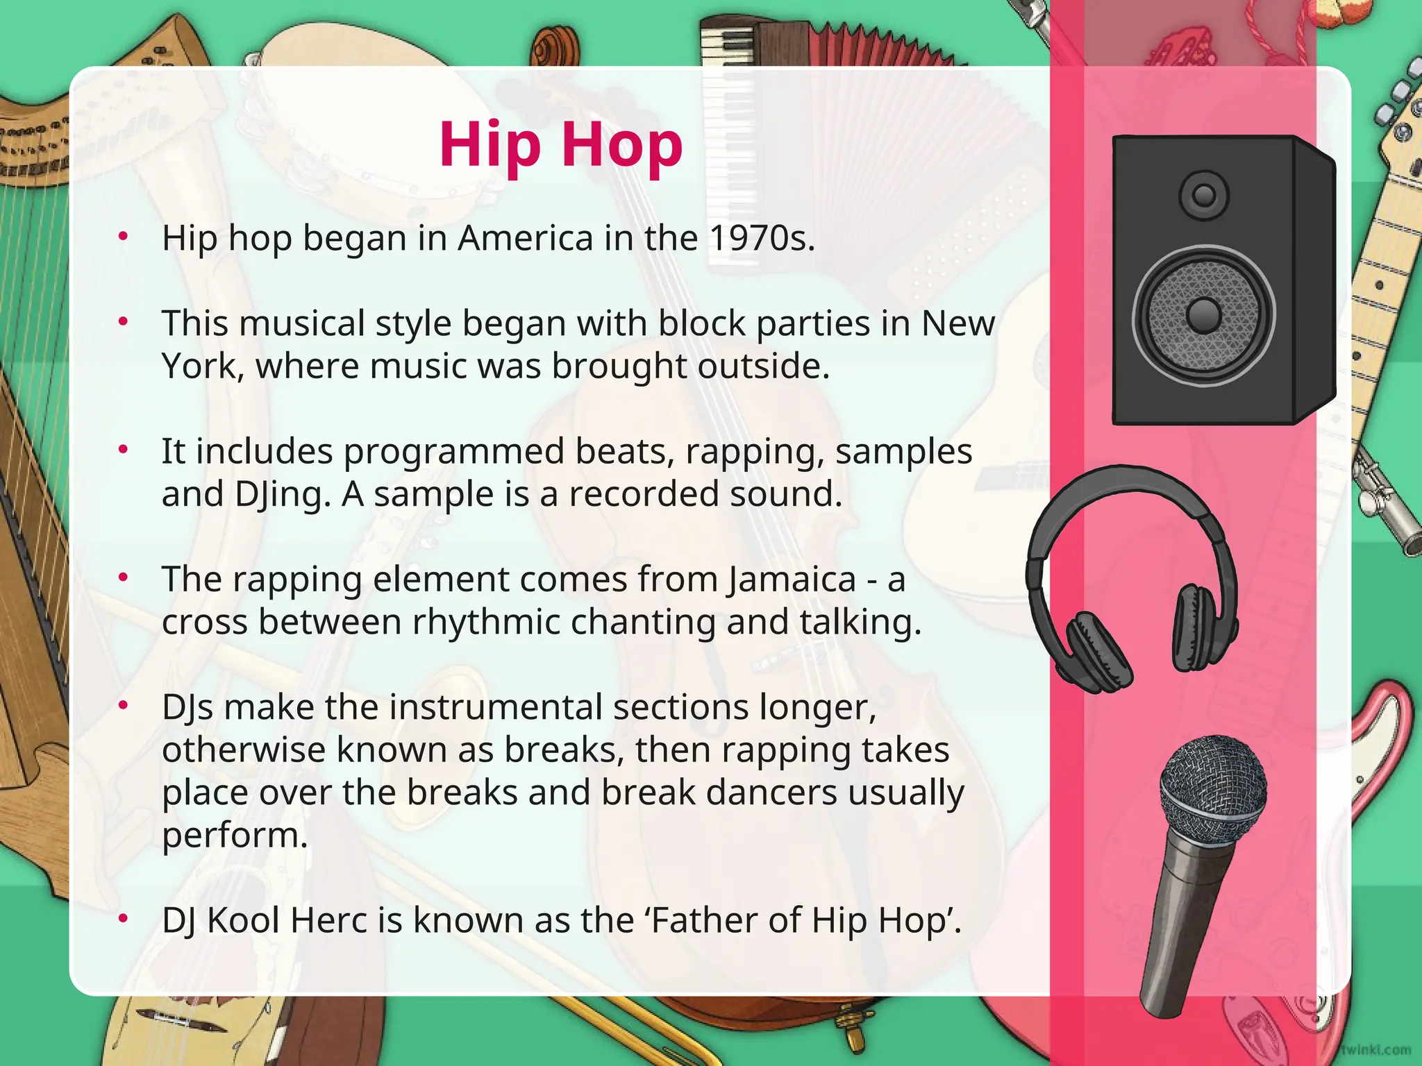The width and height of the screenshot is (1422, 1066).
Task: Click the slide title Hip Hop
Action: click(561, 144)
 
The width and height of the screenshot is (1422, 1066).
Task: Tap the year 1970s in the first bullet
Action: click(761, 238)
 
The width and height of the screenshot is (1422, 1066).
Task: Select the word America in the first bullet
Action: click(525, 238)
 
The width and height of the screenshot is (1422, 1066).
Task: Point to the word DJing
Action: click(278, 495)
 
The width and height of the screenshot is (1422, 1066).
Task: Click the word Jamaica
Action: click(792, 579)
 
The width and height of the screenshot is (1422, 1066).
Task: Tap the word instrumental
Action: click(496, 707)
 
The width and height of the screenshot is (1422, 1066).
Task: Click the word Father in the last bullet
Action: click(702, 920)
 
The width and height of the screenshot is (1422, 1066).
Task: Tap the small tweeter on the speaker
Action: click(1204, 195)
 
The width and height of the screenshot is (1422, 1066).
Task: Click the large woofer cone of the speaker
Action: click(1204, 315)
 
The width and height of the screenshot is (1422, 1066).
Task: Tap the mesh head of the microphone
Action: click(1212, 788)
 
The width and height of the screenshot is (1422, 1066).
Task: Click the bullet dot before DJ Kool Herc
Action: click(124, 919)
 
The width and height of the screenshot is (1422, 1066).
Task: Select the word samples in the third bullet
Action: click(903, 452)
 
